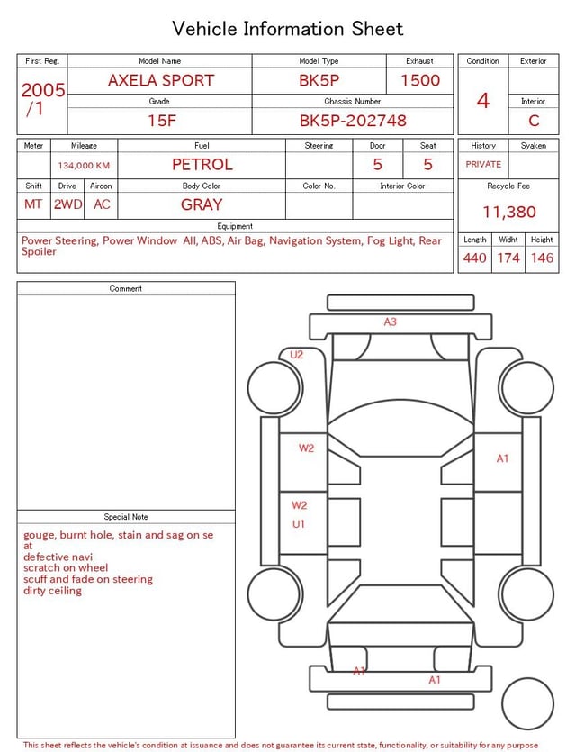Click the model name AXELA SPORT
click(x=161, y=80)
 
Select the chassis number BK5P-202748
click(x=353, y=120)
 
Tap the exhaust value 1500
click(x=420, y=80)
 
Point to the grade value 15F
click(x=161, y=120)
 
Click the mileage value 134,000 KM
click(x=84, y=166)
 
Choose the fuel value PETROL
click(x=202, y=164)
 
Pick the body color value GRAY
click(x=202, y=204)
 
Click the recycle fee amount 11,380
click(x=509, y=212)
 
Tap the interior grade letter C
click(x=534, y=120)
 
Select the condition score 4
click(x=483, y=100)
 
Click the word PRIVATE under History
click(x=483, y=164)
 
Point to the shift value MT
click(x=33, y=204)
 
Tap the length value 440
click(x=475, y=258)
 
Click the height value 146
click(x=542, y=258)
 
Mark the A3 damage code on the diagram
click(x=390, y=322)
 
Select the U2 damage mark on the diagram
click(x=296, y=355)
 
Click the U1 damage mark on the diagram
click(x=298, y=523)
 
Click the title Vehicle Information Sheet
click(x=288, y=29)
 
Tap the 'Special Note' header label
click(x=126, y=517)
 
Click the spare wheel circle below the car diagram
click(x=527, y=703)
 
